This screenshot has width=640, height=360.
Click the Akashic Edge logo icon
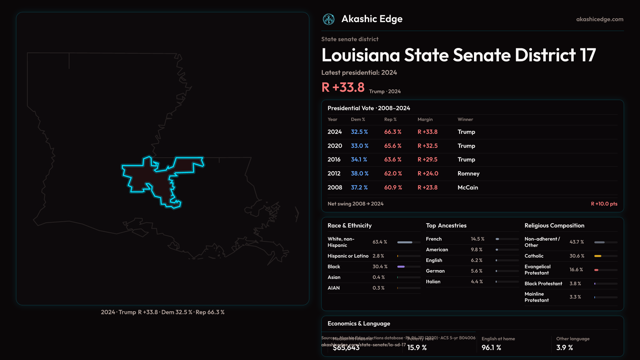point(328,19)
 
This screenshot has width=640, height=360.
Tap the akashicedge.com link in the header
point(600,19)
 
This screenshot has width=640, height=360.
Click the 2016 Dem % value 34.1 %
point(359,160)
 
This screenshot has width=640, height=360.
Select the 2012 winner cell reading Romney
point(468,174)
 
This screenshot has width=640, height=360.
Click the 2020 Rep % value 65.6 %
point(393,146)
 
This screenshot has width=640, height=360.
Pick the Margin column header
point(425,119)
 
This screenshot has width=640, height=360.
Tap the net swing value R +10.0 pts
point(604,204)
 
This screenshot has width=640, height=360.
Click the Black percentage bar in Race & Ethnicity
point(401,267)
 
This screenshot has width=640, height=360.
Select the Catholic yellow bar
point(598,256)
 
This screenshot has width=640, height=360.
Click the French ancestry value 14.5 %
point(477,239)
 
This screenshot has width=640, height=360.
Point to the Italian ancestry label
point(433,282)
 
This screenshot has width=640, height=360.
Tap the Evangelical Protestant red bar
point(596,270)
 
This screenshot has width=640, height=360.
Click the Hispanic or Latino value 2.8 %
point(378,256)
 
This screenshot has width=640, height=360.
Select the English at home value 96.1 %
point(491,348)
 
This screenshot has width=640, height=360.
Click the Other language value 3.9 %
point(564,348)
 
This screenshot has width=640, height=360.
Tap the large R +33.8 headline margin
point(343,88)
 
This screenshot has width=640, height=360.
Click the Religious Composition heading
point(554,226)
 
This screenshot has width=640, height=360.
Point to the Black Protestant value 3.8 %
point(575,284)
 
